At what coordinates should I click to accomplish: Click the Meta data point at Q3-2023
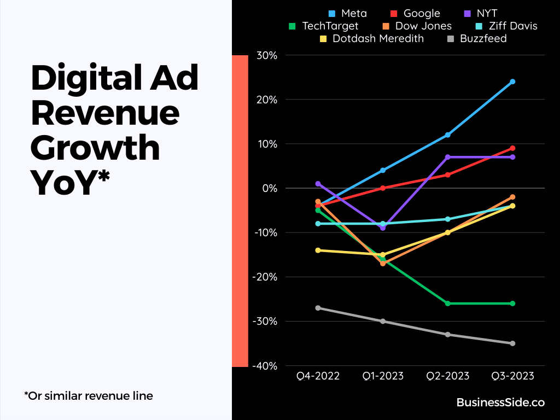click(512, 81)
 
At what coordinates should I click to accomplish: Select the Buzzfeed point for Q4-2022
click(318, 308)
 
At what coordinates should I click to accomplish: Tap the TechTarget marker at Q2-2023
click(448, 304)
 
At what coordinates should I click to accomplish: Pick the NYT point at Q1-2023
click(383, 227)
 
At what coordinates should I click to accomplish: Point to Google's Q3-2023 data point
click(512, 148)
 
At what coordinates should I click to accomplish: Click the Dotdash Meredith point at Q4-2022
click(318, 250)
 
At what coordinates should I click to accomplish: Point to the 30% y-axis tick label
click(265, 55)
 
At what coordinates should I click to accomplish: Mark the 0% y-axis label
click(269, 188)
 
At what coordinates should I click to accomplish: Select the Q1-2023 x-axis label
click(383, 376)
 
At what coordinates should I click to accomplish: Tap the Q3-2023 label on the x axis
click(512, 376)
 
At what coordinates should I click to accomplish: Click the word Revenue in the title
click(105, 113)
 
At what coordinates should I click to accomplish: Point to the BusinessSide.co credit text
click(500, 402)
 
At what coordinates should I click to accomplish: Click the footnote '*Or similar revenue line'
click(89, 395)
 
